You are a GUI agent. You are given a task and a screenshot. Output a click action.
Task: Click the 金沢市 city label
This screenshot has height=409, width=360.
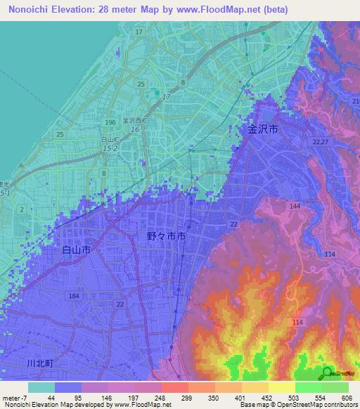(263, 129)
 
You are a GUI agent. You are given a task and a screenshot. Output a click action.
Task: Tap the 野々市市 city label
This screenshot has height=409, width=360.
(167, 238)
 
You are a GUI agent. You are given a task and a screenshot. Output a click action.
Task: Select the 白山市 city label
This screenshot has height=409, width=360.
(77, 249)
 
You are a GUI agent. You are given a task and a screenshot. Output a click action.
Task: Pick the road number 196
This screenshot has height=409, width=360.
(110, 123)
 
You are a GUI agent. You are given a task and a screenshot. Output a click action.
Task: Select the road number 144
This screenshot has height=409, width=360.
(294, 206)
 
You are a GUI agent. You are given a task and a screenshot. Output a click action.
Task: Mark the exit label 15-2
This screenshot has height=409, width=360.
(109, 149)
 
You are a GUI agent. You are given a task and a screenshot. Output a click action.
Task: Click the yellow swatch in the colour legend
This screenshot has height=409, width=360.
(281, 387)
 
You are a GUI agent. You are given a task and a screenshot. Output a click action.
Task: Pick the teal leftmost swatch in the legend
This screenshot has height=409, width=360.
(41, 387)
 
